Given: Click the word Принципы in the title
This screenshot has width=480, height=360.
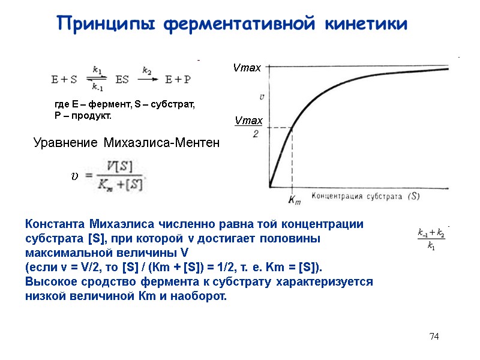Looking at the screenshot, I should pyautogui.click(x=106, y=24).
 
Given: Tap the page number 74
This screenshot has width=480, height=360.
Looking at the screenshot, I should pyautogui.click(x=434, y=337).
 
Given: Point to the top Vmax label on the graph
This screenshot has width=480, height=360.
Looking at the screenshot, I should pyautogui.click(x=247, y=68).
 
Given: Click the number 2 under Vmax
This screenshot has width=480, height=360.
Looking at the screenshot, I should pyautogui.click(x=256, y=134).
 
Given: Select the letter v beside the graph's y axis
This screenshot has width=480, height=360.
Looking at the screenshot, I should pyautogui.click(x=261, y=96).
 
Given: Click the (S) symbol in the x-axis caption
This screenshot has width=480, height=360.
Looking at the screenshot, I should pyautogui.click(x=413, y=196).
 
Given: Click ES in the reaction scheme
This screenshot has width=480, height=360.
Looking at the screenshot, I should pyautogui.click(x=122, y=78).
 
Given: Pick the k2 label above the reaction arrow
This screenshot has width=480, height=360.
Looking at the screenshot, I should pyautogui.click(x=147, y=70).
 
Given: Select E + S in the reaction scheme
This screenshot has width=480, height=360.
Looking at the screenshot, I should pyautogui.click(x=64, y=78).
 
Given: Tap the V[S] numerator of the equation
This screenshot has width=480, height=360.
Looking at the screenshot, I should pyautogui.click(x=120, y=165).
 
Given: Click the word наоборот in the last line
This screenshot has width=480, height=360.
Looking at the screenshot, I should pyautogui.click(x=202, y=295).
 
